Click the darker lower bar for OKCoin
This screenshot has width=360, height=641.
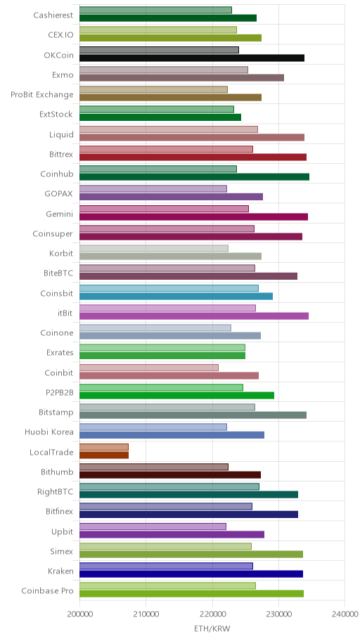pos(192,58)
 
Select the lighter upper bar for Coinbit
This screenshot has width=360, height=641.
pos(149,368)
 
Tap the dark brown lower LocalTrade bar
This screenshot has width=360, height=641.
pos(104,455)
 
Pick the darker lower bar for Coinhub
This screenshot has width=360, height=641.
pos(194,177)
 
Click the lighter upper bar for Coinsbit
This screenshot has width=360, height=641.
pos(169,289)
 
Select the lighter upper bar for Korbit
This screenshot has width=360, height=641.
pos(154,249)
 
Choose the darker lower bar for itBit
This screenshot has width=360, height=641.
pos(194,316)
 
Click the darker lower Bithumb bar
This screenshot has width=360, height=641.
pos(170,474)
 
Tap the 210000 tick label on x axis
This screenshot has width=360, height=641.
pos(146,614)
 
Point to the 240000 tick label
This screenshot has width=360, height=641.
pos(345,614)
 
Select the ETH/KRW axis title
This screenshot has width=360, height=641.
pos(212,629)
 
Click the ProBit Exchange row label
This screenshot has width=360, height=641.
pos(42,94)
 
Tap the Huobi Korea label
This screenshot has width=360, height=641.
pos(49,432)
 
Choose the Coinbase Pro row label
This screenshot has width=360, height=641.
pos(47,590)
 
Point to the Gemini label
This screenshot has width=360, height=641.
pos(60,214)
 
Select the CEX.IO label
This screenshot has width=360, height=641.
pos(60,34)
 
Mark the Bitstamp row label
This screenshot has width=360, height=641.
pos(56,413)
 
